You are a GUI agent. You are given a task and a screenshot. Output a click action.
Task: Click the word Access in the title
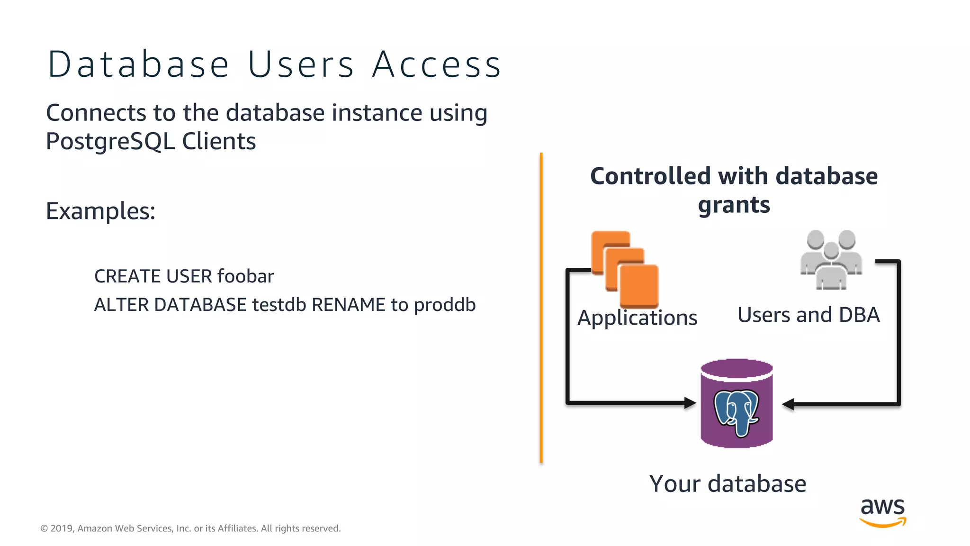(436, 65)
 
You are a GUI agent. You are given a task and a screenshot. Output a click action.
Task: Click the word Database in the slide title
(138, 65)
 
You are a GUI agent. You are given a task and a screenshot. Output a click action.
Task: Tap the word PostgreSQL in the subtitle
(110, 141)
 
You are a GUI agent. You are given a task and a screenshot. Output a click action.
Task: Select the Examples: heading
(100, 211)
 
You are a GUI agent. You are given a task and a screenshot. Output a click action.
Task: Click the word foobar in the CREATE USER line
(245, 276)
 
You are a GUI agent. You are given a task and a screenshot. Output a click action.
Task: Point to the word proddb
(444, 305)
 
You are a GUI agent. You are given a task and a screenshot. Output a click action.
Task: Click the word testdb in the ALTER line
(279, 305)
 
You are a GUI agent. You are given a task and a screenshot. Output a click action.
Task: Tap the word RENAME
(348, 305)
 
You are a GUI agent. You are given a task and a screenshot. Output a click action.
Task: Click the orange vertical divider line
(541, 308)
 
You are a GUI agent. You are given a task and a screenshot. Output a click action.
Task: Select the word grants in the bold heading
(734, 205)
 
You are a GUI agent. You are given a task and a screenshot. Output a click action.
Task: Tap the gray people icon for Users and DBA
(831, 260)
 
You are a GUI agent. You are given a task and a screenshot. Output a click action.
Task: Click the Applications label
(637, 318)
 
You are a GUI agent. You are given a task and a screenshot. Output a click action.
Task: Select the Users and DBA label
(808, 315)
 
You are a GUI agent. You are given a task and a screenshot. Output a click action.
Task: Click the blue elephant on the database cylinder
(736, 410)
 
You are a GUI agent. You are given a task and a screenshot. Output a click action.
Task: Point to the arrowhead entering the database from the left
(690, 403)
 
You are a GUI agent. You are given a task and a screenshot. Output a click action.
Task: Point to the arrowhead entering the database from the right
(788, 404)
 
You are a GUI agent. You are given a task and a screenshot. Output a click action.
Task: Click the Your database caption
(727, 484)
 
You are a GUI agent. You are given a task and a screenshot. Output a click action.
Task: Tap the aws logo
(882, 512)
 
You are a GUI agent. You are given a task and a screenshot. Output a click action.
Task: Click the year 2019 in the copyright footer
(61, 528)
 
